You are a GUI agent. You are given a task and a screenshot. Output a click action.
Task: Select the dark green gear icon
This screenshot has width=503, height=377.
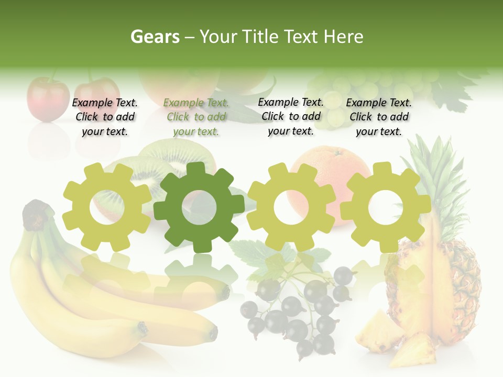click(x=199, y=207)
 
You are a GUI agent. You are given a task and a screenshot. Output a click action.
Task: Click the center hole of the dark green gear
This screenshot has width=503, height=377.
click(x=199, y=208)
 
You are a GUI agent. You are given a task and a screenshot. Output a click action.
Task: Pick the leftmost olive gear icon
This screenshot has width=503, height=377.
click(x=106, y=207)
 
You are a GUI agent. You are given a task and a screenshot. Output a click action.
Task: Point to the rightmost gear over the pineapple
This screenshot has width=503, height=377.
click(x=385, y=207)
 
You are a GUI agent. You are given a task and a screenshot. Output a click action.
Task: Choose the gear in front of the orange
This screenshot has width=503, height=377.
click(x=291, y=207)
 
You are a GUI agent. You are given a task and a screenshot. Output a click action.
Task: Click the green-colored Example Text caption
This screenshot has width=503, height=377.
click(x=196, y=117)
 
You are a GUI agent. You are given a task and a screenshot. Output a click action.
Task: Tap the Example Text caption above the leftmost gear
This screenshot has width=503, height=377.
click(x=105, y=117)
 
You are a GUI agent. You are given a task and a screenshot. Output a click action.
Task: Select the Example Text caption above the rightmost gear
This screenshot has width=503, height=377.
click(x=379, y=117)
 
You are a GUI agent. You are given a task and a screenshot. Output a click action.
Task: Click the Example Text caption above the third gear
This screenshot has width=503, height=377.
click(x=291, y=117)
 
